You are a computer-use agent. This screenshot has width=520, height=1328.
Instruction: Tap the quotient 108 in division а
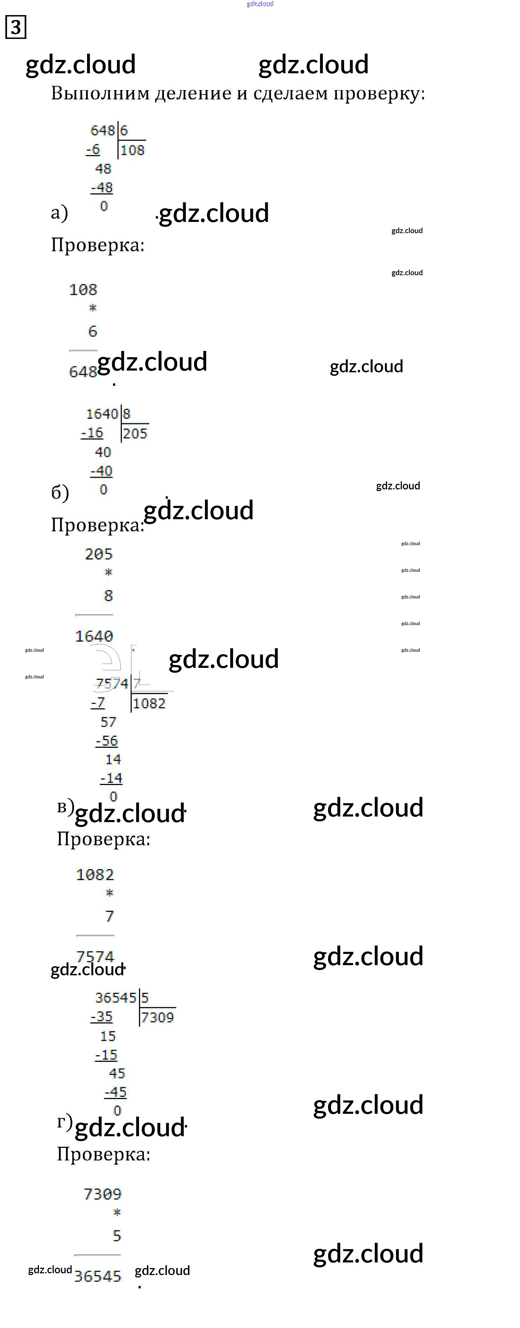[x=133, y=150]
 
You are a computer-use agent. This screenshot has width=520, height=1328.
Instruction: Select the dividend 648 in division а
[x=102, y=130]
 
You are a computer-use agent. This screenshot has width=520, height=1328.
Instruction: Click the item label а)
[x=59, y=212]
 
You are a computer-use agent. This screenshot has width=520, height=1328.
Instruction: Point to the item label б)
[x=60, y=492]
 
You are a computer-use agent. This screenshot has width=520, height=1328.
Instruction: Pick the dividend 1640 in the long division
[x=102, y=414]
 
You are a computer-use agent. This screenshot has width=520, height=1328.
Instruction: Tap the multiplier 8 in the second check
[x=108, y=595]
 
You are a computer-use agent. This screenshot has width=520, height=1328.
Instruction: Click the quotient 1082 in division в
[x=149, y=703]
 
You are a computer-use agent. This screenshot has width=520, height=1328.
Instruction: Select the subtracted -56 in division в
[x=107, y=741]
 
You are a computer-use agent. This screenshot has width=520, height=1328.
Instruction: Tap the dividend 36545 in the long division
[x=115, y=997]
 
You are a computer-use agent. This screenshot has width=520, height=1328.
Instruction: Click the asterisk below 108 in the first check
[x=93, y=308]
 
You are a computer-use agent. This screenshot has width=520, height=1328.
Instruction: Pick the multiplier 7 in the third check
[x=109, y=916]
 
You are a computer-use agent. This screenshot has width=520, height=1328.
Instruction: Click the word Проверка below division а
[x=98, y=245]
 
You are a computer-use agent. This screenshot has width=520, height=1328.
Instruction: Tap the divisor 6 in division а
[x=124, y=130]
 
